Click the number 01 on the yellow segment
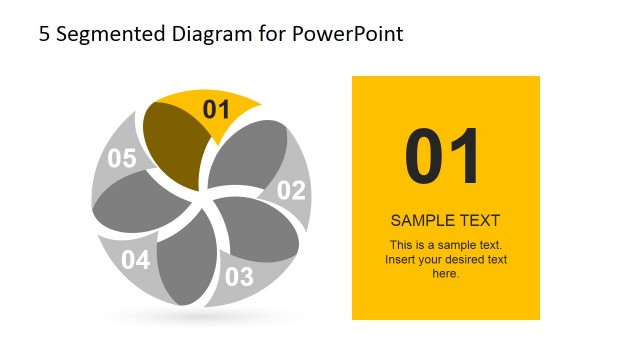pyautogui.click(x=216, y=110)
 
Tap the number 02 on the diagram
pyautogui.click(x=290, y=190)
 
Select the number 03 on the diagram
pyautogui.click(x=239, y=276)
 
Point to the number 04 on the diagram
pyautogui.click(x=135, y=261)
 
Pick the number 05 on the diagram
pyautogui.click(x=121, y=158)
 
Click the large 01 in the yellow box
pyautogui.click(x=443, y=157)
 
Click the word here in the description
pyautogui.click(x=444, y=273)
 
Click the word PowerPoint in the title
pyautogui.click(x=348, y=34)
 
